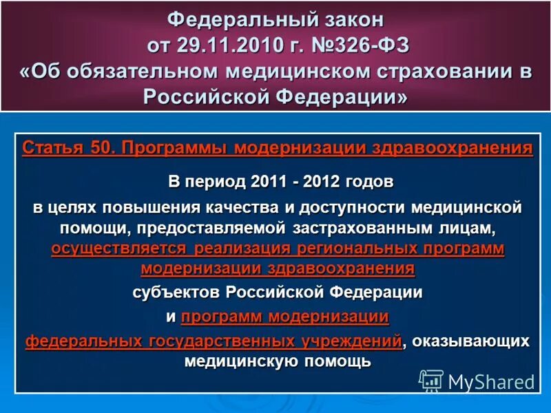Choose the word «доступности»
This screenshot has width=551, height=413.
(360, 206)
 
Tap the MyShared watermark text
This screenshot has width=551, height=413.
(490, 381)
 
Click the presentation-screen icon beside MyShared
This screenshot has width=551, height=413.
(431, 381)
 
